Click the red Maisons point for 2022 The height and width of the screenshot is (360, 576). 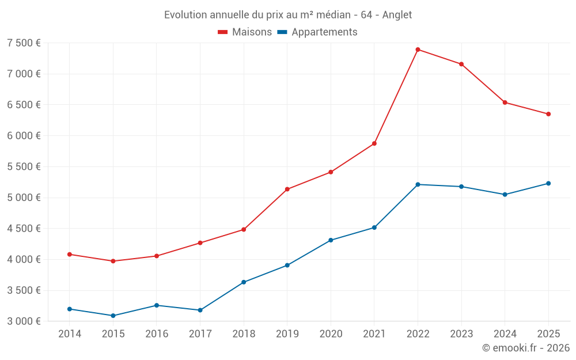pos(418,50)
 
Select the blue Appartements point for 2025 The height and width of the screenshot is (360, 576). pos(548,183)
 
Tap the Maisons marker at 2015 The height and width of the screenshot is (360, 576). pos(113,261)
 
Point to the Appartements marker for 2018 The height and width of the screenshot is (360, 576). pos(244,282)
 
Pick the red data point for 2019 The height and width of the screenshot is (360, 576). pos(287,189)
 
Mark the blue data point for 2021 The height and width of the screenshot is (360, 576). pos(374,228)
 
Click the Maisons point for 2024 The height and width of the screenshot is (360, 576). pos(505,103)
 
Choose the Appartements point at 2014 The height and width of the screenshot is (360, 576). pos(70,309)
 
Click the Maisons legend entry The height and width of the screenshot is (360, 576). pos(245,32)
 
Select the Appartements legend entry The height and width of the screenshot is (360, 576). pos(317,32)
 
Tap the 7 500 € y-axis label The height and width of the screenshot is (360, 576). pos(24,43)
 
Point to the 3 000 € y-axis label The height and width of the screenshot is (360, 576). pos(24,321)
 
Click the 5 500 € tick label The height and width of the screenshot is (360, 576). pos(24,167)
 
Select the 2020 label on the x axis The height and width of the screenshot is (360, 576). pos(331,334)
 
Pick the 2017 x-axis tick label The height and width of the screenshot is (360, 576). pos(200,334)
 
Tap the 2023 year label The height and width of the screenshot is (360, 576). pos(461,334)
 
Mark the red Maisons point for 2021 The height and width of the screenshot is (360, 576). pos(374,143)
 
